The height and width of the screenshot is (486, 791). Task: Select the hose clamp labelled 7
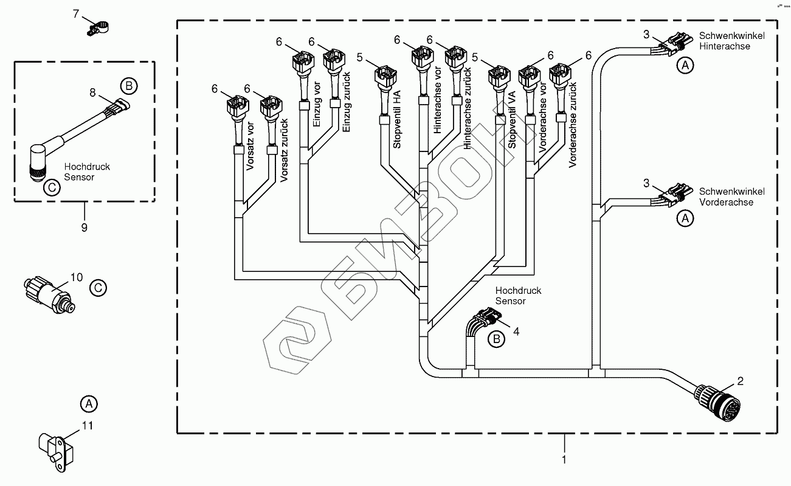coord(98,27)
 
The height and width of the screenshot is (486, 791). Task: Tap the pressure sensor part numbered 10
coord(49,290)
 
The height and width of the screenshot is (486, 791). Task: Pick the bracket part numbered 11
coord(56,449)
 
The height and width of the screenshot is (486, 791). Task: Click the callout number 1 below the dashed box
coord(564,459)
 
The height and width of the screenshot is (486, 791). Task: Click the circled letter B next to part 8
coord(128,86)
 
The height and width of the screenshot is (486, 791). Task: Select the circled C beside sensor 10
coord(97,288)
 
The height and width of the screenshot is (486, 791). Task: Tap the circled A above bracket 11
coord(89,403)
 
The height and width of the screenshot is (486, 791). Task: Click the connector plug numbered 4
coord(486,319)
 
